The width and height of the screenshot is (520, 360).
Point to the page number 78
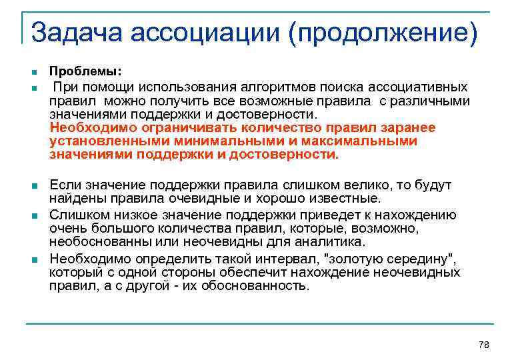[484, 344]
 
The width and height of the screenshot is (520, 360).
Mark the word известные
[345, 198]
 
